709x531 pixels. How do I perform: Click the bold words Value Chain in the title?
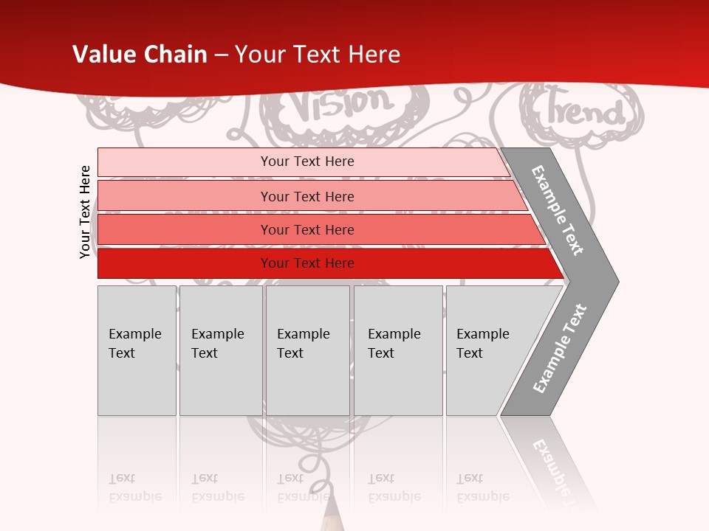(x=140, y=54)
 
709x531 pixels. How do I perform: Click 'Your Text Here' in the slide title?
(x=318, y=54)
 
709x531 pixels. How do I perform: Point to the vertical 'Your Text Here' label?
(x=85, y=212)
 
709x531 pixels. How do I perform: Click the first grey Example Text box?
(x=137, y=350)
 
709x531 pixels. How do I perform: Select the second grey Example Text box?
(x=221, y=350)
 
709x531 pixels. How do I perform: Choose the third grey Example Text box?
(x=307, y=350)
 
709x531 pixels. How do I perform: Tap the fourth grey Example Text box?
(x=398, y=350)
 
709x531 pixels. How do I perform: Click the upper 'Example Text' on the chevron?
(x=558, y=210)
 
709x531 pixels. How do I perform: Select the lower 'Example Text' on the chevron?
(x=560, y=348)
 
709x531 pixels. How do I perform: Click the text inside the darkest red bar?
(x=307, y=263)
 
